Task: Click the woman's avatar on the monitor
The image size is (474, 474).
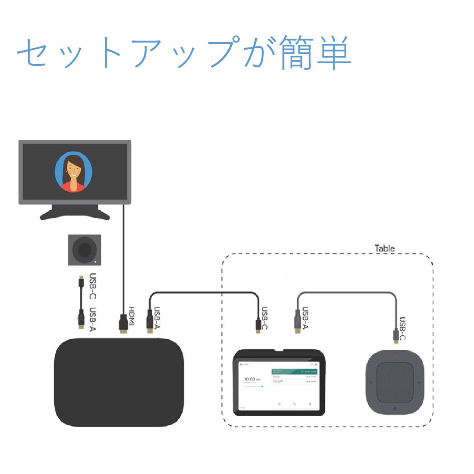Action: tap(73, 172)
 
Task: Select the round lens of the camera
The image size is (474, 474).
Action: tap(84, 250)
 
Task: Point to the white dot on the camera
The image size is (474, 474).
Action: tap(96, 262)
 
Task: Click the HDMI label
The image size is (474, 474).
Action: tap(132, 316)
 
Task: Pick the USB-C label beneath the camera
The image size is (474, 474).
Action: tap(93, 286)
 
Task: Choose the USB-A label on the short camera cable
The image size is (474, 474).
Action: tap(93, 319)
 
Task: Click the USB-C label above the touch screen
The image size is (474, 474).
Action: tap(264, 318)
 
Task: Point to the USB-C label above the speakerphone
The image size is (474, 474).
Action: tap(402, 329)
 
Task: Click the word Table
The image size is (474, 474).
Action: tap(384, 248)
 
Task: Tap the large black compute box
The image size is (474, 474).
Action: tap(118, 382)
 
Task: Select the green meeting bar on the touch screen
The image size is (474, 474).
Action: tap(294, 371)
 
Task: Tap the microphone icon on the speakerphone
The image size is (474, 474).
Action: tap(395, 408)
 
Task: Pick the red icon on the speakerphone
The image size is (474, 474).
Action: tap(395, 356)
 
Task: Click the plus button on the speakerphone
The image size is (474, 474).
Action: tap(420, 382)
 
